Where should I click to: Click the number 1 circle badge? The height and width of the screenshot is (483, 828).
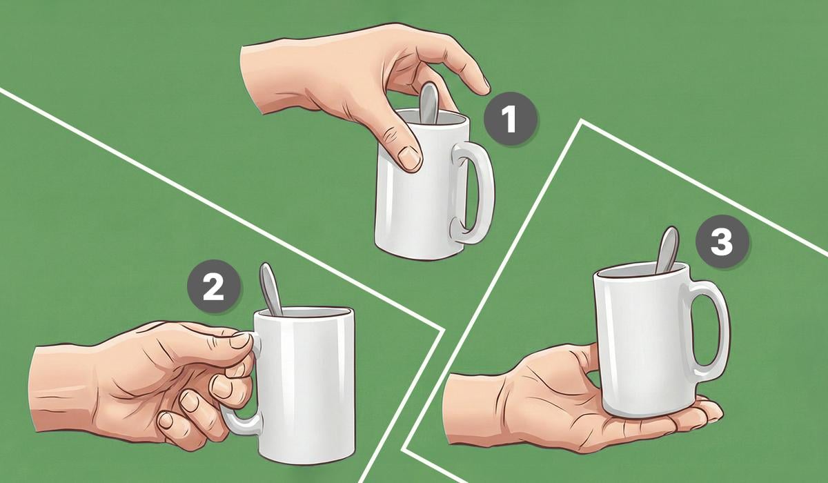pyautogui.click(x=511, y=118)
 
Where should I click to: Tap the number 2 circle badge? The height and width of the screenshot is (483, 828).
pyautogui.click(x=214, y=286)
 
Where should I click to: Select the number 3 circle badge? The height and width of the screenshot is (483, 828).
pyautogui.click(x=722, y=241)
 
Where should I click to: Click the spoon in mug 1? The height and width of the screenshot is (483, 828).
pyautogui.click(x=428, y=103)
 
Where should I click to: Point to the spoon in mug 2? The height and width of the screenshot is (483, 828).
pyautogui.click(x=270, y=289)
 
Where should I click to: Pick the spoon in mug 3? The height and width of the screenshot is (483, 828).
pyautogui.click(x=668, y=250)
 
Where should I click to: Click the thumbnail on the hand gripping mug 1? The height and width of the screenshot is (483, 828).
pyautogui.click(x=409, y=157)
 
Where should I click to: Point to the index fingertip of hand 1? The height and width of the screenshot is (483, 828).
pyautogui.click(x=484, y=87)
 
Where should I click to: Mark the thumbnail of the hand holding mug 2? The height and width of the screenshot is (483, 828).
pyautogui.click(x=239, y=339)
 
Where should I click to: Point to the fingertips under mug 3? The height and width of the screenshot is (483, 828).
pyautogui.click(x=708, y=410)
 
